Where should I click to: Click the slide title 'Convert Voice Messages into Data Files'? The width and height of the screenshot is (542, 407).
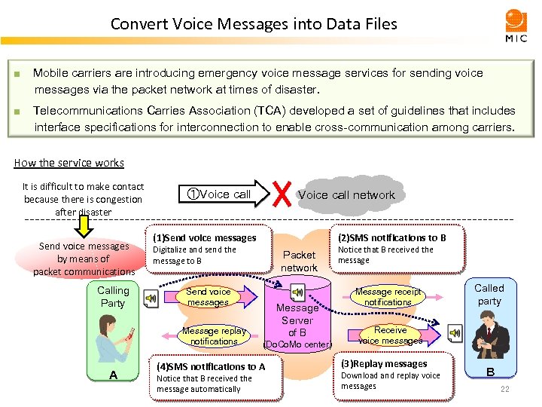[x=254, y=23]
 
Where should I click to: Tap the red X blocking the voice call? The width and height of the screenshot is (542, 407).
[x=282, y=194]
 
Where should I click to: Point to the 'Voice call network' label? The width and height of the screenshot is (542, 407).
[x=346, y=194]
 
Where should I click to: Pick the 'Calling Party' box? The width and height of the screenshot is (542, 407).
[x=113, y=297]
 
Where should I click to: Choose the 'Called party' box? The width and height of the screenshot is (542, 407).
[x=489, y=295]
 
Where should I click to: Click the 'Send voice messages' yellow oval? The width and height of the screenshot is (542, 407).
[x=208, y=297]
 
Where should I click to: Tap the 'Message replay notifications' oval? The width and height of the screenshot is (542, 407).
[x=214, y=336]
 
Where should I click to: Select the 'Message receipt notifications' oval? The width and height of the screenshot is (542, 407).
[x=388, y=297]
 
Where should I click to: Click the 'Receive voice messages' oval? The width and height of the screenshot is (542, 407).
[x=390, y=335]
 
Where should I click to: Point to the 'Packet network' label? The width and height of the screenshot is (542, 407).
[x=299, y=261]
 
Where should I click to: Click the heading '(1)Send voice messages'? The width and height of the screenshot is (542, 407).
[x=204, y=237]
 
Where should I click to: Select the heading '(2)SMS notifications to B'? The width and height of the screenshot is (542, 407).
[x=391, y=237]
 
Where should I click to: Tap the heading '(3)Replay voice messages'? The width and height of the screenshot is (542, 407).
[x=384, y=363]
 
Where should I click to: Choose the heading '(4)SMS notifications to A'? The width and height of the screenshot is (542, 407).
[x=210, y=366]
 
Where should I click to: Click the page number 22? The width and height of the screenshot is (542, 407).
[x=505, y=389]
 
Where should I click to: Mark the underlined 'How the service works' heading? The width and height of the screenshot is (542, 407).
[x=69, y=163]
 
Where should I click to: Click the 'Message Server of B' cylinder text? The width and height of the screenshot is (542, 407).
[x=297, y=320]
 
